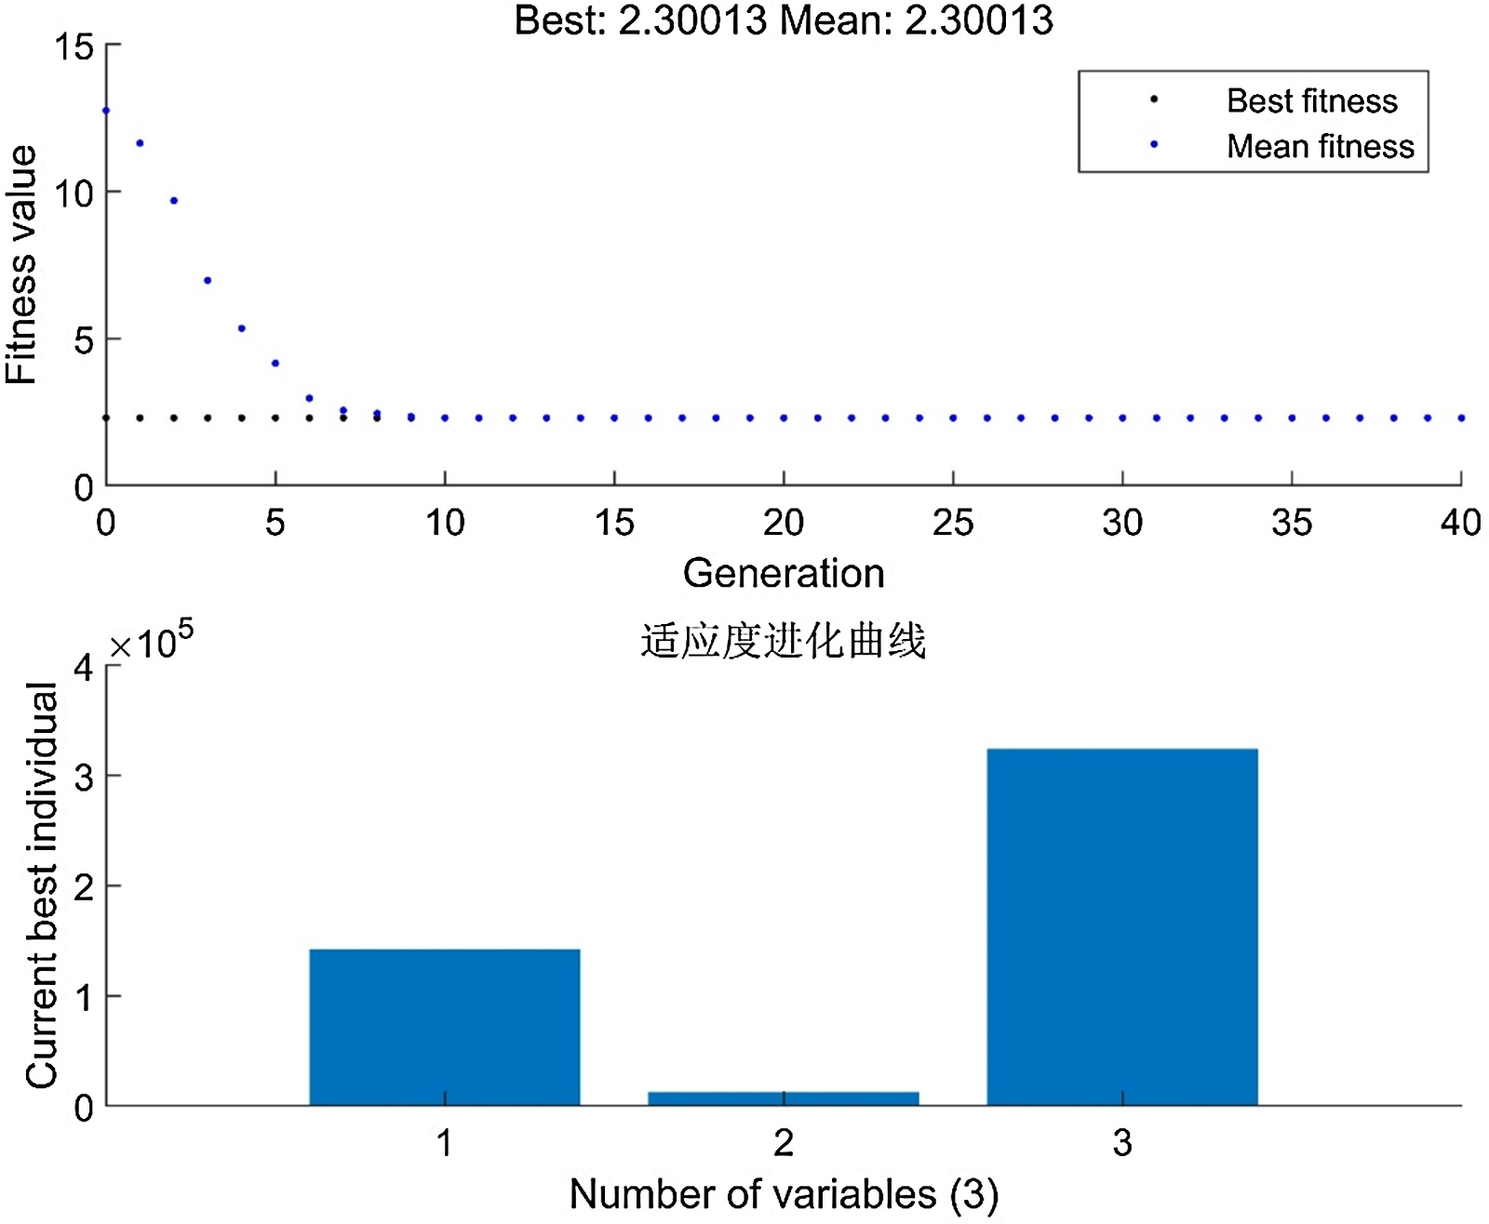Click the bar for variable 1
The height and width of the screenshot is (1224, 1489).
point(445,1027)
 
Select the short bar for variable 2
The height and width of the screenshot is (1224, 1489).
point(784,1098)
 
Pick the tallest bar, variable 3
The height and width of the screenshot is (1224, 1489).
point(1122,926)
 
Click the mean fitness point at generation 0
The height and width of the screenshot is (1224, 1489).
point(106,111)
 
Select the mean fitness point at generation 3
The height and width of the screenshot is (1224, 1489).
point(208,280)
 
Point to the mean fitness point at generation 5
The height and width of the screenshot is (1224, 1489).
point(275,364)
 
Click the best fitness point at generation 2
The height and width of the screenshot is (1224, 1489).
point(174,419)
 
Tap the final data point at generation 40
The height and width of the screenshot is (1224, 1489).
point(1461,419)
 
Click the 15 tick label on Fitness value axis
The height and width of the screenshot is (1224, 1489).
point(74,47)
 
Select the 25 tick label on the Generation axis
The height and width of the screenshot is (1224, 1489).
point(953,523)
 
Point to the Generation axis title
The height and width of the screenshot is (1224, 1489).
point(784,573)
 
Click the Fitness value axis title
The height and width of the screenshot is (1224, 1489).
point(22,265)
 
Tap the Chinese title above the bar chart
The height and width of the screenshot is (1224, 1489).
point(784,642)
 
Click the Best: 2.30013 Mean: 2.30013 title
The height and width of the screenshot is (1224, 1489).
point(784,20)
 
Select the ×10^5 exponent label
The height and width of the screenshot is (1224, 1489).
point(152,641)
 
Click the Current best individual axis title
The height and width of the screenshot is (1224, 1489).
point(42,885)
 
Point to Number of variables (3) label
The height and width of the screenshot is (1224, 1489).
point(784,1194)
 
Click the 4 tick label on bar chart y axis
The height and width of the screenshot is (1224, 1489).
point(85,667)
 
